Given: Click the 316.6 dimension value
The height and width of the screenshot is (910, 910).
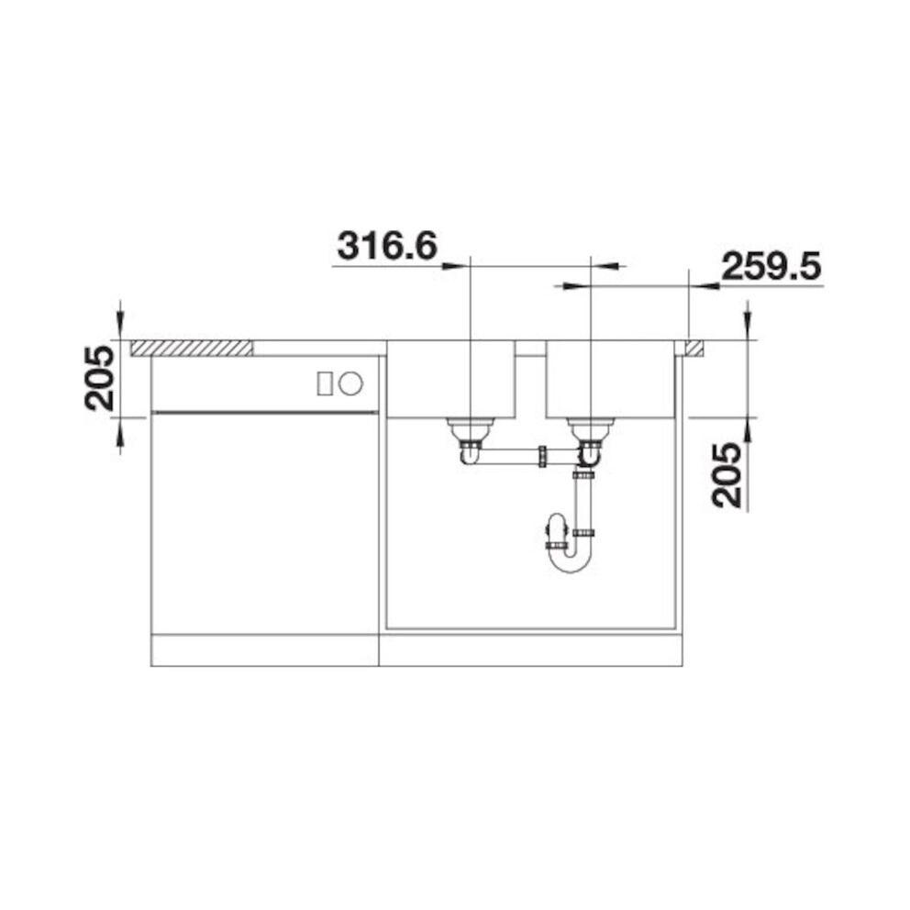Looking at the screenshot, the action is pos(387,246).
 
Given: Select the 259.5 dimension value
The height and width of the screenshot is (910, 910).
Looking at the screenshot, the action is pos(771,268).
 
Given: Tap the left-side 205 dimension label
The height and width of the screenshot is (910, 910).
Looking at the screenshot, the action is pos(100,378).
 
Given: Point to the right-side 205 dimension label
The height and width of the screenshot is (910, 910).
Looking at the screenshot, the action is pos(727,475).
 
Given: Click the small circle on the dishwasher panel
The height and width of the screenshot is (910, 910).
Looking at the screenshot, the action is pos(351,383).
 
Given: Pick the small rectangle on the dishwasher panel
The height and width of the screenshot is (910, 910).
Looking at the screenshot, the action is pos(325,383).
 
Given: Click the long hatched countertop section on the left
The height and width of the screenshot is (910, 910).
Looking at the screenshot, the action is pos(192,348).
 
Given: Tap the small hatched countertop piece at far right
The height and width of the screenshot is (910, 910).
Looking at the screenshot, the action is pos(694,348).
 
